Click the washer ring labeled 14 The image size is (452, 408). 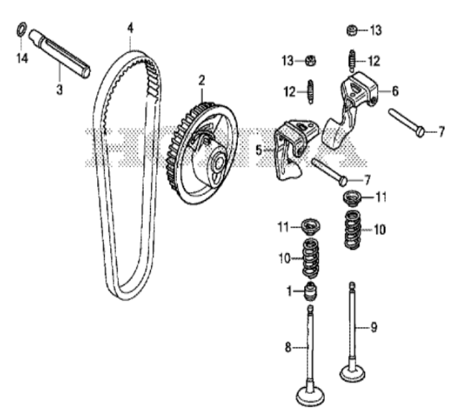[x=19, y=30]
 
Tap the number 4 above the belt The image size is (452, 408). [x=130, y=28]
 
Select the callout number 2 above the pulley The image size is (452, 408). [x=201, y=81]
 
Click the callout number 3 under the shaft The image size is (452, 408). [x=59, y=90]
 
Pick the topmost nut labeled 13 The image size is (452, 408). [x=352, y=30]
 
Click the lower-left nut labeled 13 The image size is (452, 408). [x=311, y=61]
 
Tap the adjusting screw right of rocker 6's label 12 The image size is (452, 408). [x=352, y=61]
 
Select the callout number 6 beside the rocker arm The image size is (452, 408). [x=395, y=91]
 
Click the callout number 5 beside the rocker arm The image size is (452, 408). [x=259, y=150]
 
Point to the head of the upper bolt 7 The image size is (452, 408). [x=421, y=132]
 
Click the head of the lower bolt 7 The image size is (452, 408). [x=343, y=181]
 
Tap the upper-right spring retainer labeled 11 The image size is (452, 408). [x=352, y=198]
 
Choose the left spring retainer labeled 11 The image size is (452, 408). [x=310, y=227]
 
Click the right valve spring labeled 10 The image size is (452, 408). [x=352, y=229]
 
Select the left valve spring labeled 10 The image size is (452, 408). [x=311, y=259]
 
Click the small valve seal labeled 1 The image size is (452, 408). [x=311, y=292]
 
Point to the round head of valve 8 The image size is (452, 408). [x=310, y=396]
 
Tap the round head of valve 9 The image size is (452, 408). [x=352, y=373]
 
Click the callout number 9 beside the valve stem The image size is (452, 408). [x=374, y=327]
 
